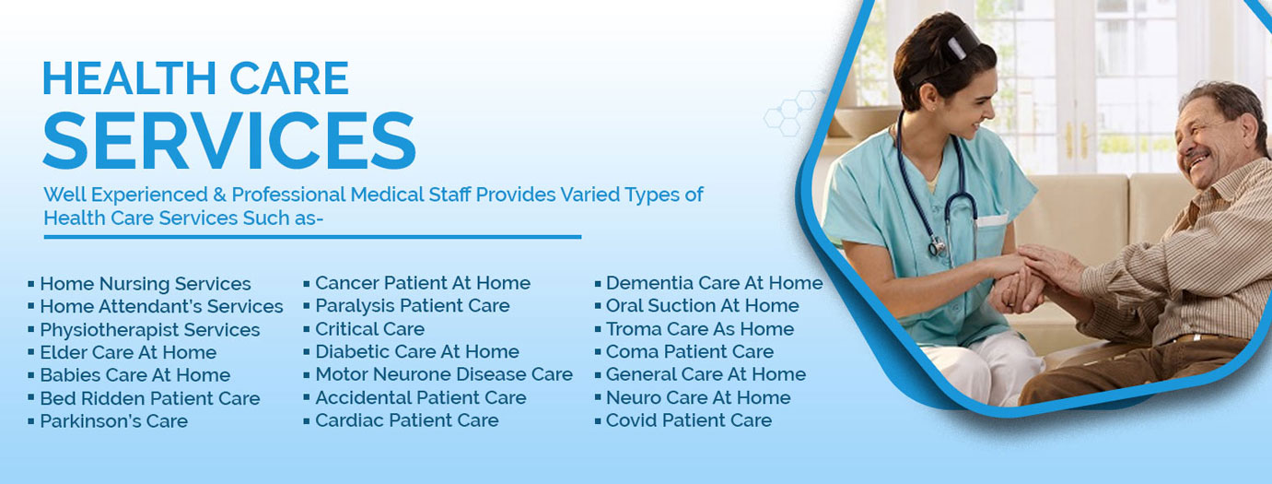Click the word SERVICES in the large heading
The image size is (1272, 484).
pos(229,140)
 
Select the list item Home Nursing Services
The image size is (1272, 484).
pos(146,283)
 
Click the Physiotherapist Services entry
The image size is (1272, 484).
pos(150,329)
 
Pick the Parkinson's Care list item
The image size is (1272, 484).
pos(113,421)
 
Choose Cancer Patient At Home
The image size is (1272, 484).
pos(423,283)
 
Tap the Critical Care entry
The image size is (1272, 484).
pos(369,329)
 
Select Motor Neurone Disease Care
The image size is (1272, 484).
pos(444,374)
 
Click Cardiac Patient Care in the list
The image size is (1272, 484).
pos(406,420)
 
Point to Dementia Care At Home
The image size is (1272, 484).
pos(714,283)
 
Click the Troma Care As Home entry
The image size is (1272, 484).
pos(700,329)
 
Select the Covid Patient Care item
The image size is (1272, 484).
pos(689,420)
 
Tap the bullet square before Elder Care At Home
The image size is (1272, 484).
pos(31,352)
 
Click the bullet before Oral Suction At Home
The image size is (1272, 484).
pos(598,306)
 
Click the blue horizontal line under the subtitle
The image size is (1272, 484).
pos(312,237)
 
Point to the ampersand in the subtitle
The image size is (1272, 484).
pos(219,195)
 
